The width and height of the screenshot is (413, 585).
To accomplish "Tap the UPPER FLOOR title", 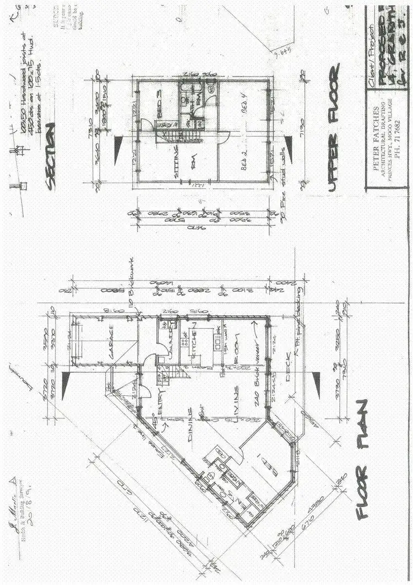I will [334, 127].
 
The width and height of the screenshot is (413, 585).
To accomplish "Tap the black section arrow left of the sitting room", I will [118, 145].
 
